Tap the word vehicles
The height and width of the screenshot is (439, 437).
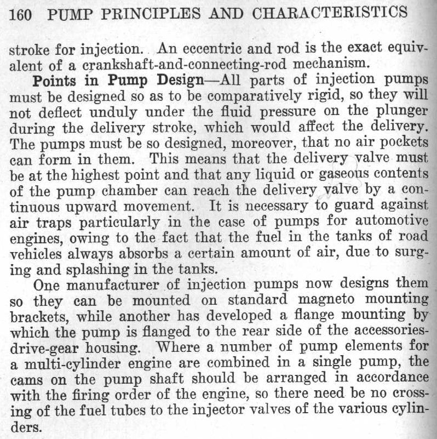[34, 254]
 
